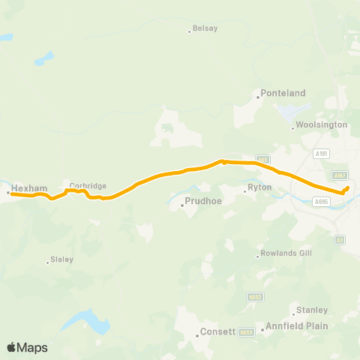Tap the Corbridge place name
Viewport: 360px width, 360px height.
88,186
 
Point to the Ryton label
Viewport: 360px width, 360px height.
259,190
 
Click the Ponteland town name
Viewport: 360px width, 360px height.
283,93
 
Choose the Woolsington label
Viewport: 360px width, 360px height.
321,124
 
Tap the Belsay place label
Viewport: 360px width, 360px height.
205,28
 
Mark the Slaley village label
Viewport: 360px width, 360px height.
60,261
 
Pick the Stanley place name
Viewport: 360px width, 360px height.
312,310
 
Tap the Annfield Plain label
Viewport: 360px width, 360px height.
294,325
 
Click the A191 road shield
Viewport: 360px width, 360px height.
322,154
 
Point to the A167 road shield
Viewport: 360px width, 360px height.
340,175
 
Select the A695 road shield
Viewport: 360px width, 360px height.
321,202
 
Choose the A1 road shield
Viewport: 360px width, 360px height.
340,239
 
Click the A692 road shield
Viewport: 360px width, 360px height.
254,296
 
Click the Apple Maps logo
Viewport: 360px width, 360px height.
27,347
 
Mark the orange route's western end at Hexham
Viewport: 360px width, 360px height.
10,193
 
